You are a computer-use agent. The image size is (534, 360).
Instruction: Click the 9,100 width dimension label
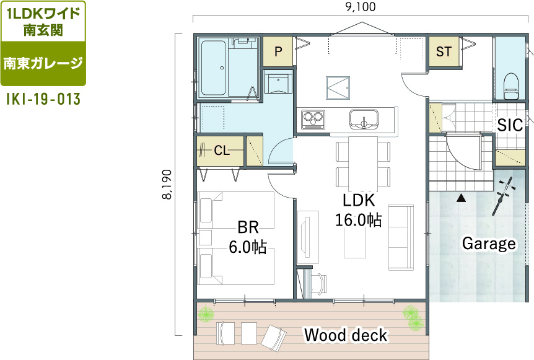point(361,6)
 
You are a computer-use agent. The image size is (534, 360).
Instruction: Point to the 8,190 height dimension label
point(167,185)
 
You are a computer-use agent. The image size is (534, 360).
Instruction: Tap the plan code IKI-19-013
point(43,99)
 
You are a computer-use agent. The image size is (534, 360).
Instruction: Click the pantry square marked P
point(278,51)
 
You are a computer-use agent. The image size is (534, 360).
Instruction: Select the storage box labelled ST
point(444,51)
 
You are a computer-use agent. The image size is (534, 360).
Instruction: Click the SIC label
point(510,125)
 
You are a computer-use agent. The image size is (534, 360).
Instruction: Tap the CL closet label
point(222,150)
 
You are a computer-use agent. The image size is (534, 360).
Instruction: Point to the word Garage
point(489,244)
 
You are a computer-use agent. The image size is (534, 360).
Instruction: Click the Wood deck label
point(346,335)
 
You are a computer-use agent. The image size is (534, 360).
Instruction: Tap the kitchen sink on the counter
point(364,119)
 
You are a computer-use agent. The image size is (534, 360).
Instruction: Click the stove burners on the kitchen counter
point(313,120)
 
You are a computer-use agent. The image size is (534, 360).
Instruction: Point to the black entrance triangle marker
point(461,198)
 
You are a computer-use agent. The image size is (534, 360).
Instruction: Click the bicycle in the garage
point(504,196)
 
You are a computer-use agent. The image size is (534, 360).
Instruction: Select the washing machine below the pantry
point(279,84)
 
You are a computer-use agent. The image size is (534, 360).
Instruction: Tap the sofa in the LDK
point(401,237)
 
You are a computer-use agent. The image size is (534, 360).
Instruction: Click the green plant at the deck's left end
point(206,314)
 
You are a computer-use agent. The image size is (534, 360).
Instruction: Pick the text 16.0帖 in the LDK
point(359,220)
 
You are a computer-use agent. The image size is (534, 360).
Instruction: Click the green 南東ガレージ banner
point(43,63)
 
